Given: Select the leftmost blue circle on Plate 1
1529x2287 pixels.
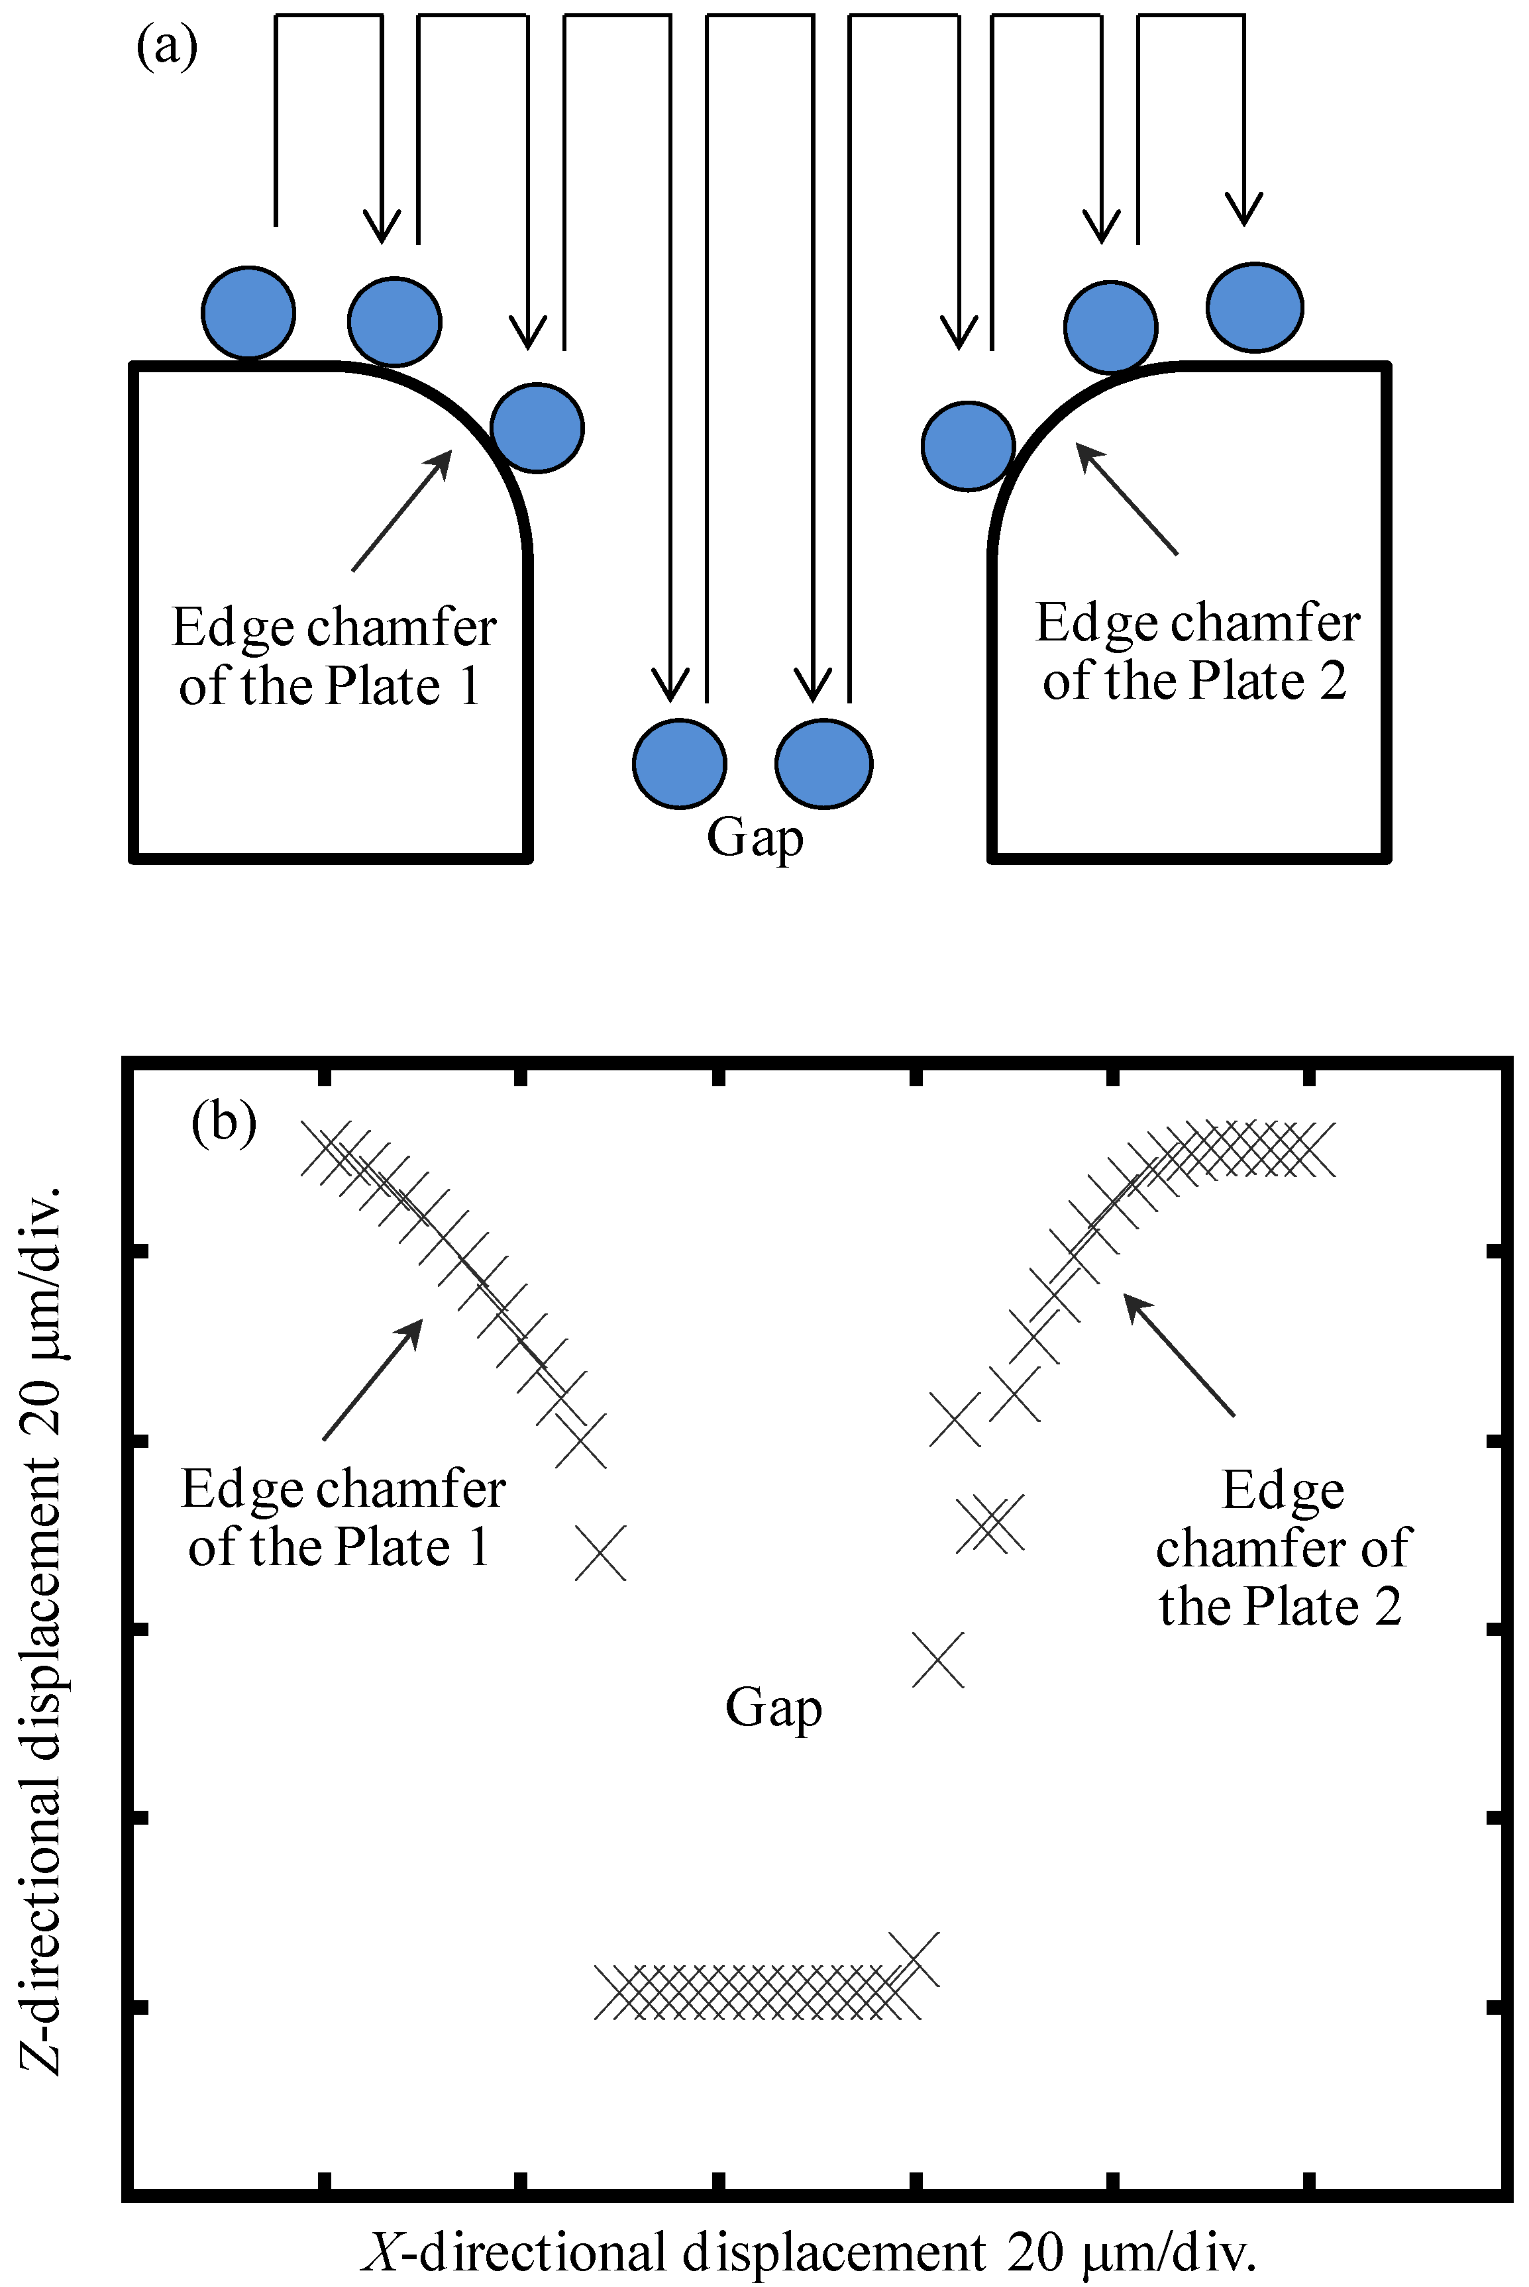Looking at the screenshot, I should click(248, 312).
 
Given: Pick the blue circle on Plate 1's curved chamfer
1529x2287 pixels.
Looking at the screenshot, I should click(537, 428).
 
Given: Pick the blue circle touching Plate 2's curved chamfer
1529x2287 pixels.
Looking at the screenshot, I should click(967, 446).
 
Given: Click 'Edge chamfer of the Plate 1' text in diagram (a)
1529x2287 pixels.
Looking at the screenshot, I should click(333, 656).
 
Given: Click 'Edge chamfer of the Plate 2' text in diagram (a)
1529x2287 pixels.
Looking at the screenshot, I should click(1196, 651).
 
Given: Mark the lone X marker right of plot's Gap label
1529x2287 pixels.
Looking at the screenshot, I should click(938, 1659).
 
